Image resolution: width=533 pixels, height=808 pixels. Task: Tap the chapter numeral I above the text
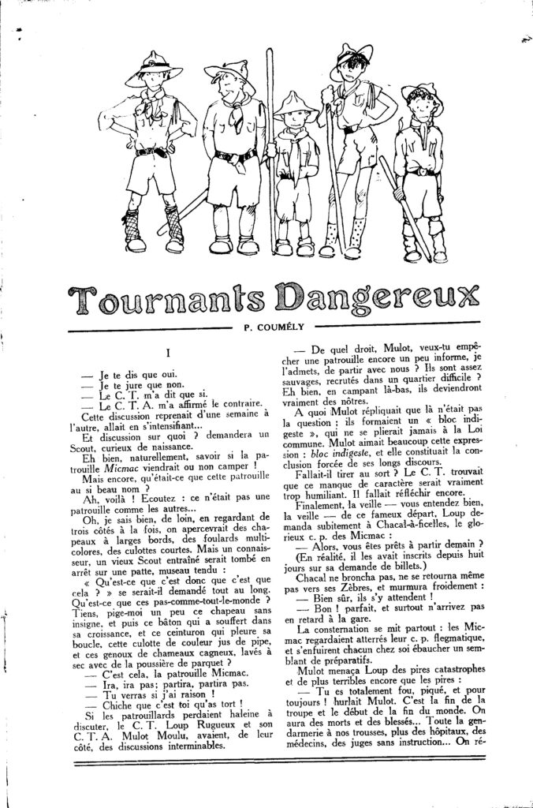pos(170,355)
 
